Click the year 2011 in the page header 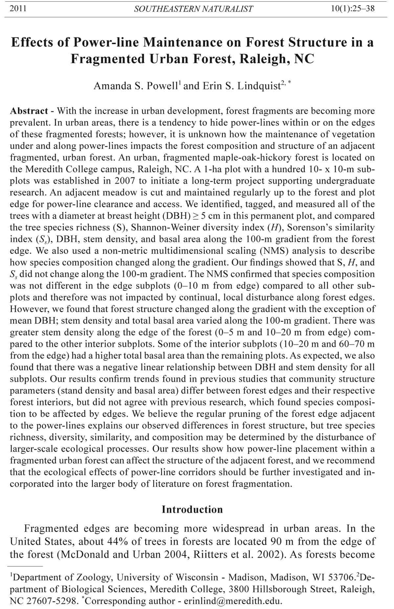[18, 9]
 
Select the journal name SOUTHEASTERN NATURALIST [193, 9]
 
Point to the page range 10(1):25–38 [353, 9]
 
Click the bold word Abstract [29, 111]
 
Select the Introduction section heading [192, 509]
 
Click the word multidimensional [200, 251]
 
